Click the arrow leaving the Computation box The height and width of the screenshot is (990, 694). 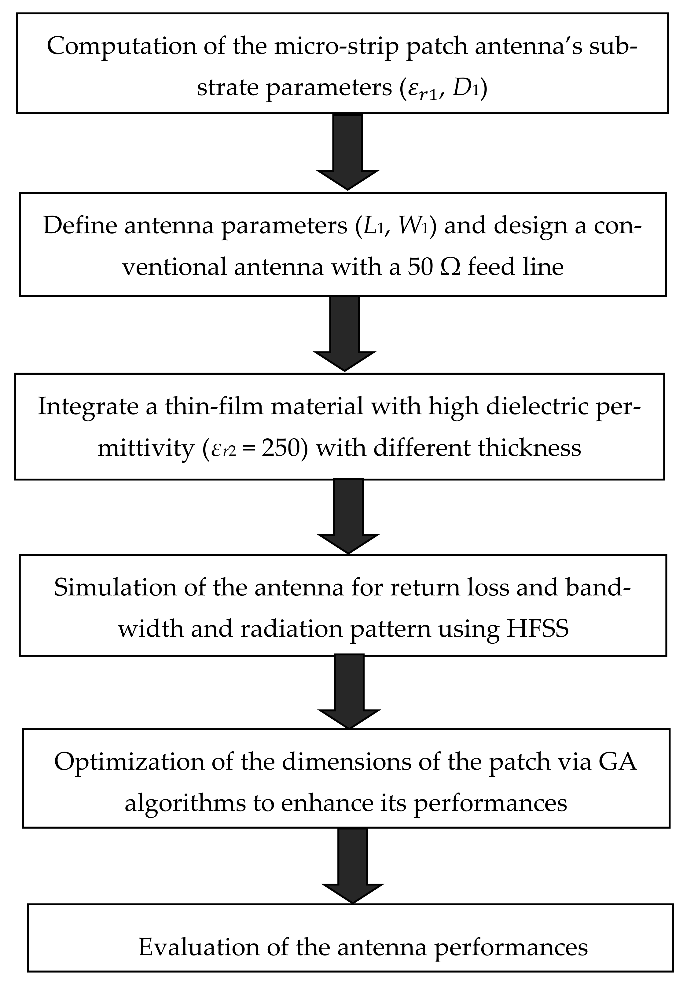tap(347, 151)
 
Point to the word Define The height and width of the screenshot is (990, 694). tap(80, 226)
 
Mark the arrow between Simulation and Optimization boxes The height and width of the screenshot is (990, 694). tap(350, 692)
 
